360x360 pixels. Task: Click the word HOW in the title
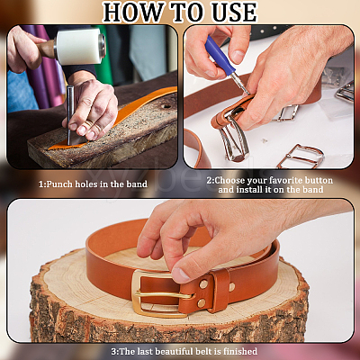coord(132,13)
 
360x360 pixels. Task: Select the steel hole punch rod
coord(70,115)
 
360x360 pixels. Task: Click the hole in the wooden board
coord(166,106)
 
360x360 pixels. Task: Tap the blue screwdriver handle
coord(220,57)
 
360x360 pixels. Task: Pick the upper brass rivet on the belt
coord(204,284)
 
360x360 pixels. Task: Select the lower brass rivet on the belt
coord(202,303)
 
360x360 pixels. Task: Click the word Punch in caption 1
coord(59,184)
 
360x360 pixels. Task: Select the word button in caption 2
coord(319,180)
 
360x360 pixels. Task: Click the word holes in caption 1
coord(86,184)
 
